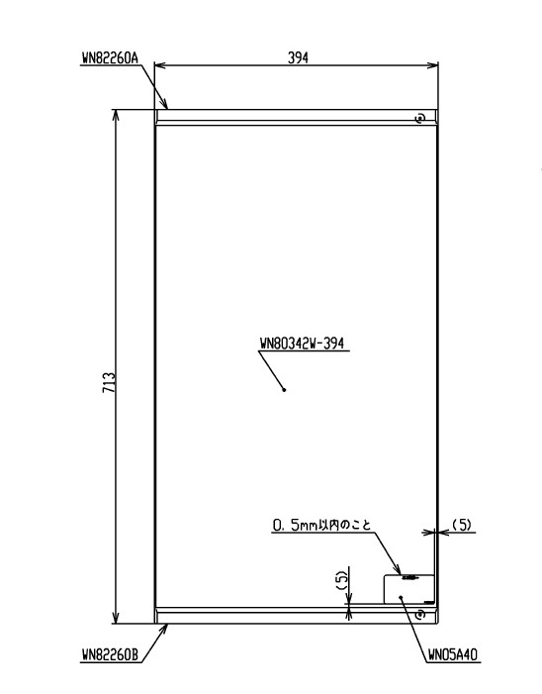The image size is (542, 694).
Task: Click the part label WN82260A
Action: [x=110, y=58]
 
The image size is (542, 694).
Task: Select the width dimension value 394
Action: [x=298, y=57]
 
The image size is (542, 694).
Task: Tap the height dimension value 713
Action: [x=109, y=382]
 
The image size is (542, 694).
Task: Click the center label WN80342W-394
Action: [x=302, y=344]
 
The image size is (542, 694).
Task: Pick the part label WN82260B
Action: [x=110, y=654]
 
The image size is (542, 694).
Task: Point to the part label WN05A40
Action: [x=453, y=654]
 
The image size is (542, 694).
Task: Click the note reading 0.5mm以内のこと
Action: [x=321, y=525]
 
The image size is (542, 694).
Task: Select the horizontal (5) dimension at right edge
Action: [x=462, y=525]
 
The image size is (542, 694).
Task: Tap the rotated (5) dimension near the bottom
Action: [x=342, y=580]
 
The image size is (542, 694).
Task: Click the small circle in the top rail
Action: [x=420, y=118]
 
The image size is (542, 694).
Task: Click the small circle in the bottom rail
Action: [x=420, y=615]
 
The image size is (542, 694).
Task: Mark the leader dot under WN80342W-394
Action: [x=284, y=390]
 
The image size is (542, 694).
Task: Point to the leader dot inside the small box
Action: [x=401, y=597]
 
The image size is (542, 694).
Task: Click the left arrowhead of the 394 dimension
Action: [x=159, y=65]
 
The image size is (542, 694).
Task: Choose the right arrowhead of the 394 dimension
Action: [x=433, y=65]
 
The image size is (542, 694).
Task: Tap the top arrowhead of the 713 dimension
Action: [x=117, y=115]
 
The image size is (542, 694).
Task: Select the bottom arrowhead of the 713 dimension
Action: [x=117, y=619]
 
